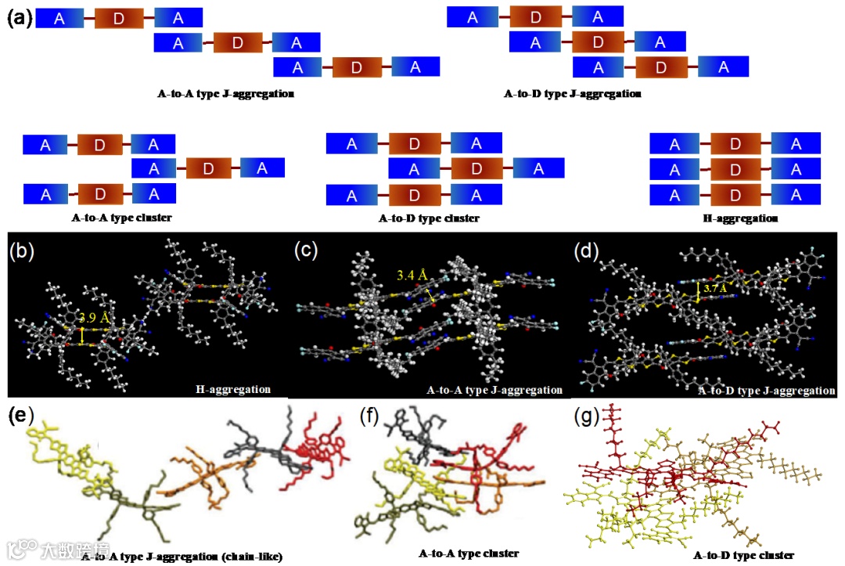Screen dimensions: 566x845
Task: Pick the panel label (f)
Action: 370,416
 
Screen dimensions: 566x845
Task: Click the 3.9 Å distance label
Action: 95,319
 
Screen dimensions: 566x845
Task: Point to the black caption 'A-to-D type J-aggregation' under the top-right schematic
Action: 574,95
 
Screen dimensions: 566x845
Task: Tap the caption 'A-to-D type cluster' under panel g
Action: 744,555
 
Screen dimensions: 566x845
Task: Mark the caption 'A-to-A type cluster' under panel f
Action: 469,553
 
